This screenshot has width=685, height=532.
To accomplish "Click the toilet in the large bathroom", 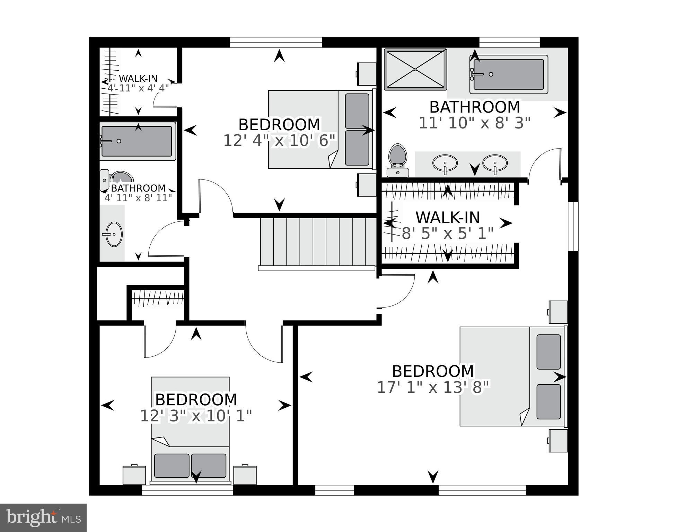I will (x=397, y=159).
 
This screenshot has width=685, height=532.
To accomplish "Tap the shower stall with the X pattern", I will (x=415, y=70).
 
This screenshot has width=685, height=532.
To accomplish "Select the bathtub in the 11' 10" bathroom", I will (x=508, y=74).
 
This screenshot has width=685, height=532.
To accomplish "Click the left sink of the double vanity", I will (x=445, y=163).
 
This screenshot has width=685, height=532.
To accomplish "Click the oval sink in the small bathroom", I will (x=114, y=234).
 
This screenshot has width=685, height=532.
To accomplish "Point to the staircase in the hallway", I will (x=317, y=241).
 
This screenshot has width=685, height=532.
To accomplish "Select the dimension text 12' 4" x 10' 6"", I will (x=279, y=141).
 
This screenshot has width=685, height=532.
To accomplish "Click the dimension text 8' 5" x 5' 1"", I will (x=447, y=234).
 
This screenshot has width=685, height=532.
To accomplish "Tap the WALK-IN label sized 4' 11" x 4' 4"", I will (x=138, y=79).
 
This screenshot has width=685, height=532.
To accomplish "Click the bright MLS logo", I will (x=43, y=518).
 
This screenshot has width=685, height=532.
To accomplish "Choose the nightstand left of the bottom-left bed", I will (x=134, y=475).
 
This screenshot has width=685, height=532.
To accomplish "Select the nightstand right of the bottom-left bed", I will (x=245, y=475).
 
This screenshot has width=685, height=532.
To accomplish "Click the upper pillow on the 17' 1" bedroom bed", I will (x=548, y=352).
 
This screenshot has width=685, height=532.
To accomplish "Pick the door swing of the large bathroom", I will (x=544, y=165).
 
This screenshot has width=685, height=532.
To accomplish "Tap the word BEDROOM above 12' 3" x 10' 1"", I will (x=196, y=400).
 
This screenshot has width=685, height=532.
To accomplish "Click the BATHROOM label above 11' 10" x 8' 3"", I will (x=474, y=107).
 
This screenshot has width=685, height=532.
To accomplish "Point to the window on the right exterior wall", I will (x=573, y=226).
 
